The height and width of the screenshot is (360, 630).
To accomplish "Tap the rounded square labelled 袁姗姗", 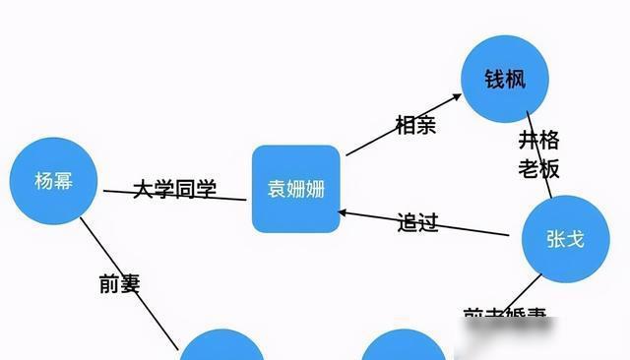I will tap(295, 189).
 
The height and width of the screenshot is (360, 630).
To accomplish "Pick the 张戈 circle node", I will tap(564, 239).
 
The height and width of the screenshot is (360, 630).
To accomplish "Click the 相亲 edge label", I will tap(414, 124).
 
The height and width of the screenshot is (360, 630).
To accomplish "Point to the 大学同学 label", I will tap(174, 187).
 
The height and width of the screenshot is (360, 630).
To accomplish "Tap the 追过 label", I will tap(416, 221).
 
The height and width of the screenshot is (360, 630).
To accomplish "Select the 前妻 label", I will tap(120, 283).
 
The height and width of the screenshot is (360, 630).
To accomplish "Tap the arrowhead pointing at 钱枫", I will tap(456, 96).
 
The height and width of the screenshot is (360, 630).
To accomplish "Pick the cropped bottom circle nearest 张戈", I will tap(403, 348).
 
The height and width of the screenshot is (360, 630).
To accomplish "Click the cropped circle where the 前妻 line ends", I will tap(222, 348).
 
